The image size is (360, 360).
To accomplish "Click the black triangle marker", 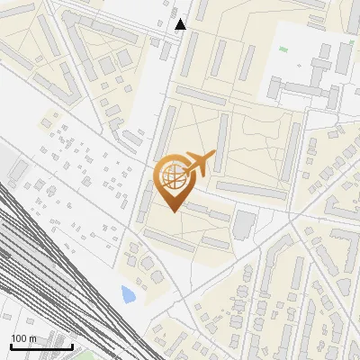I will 181,24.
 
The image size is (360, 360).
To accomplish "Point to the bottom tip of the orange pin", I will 171,211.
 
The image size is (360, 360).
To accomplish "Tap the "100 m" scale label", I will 24,338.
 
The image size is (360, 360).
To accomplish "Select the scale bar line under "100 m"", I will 40,346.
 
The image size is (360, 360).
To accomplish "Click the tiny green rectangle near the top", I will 283,49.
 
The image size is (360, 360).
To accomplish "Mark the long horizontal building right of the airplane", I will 252,190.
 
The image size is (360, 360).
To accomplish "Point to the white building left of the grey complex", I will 277,88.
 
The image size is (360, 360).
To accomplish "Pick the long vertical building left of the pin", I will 145,201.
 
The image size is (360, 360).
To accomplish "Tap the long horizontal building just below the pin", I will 207,212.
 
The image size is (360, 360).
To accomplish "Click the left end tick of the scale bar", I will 9,346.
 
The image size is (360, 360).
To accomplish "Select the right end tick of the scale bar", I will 73,346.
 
